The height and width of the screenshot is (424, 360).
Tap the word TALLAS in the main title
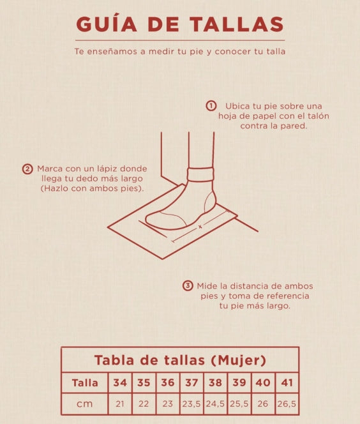pos(237,24)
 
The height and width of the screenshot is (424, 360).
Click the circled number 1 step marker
pos(211,106)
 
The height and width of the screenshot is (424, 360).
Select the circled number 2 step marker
pos(27,169)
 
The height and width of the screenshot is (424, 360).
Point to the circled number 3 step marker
pos(188,286)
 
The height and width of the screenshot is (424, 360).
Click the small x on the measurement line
pos(200,227)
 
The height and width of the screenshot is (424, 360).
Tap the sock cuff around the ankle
pos(200,174)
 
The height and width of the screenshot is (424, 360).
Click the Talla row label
pos(85,382)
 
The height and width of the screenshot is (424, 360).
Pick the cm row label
pos(85,404)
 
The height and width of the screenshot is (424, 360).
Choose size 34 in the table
pos(120,382)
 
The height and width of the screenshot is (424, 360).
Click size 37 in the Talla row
pos(191,382)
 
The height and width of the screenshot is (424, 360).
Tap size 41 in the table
pos(287,382)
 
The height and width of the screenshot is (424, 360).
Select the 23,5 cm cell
pos(191,404)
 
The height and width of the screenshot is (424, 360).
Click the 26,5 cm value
pos(287,404)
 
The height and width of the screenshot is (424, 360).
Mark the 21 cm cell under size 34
pos(120,404)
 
